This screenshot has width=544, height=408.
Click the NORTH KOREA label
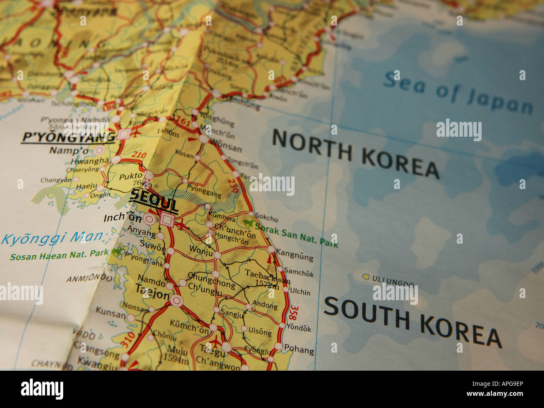click(356, 154)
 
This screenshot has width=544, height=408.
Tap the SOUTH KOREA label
click(412, 322)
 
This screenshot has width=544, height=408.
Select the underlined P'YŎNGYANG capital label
click(68, 137)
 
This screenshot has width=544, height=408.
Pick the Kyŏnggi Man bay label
click(52, 238)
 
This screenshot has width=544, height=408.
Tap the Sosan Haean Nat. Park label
click(59, 255)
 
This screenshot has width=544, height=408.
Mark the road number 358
click(293, 312)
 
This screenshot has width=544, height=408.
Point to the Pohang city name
click(299, 349)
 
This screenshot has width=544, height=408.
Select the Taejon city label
click(152, 292)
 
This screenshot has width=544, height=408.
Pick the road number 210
click(139, 156)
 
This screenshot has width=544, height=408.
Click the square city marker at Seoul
click(167, 219)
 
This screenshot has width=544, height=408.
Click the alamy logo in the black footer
click(42, 389)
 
